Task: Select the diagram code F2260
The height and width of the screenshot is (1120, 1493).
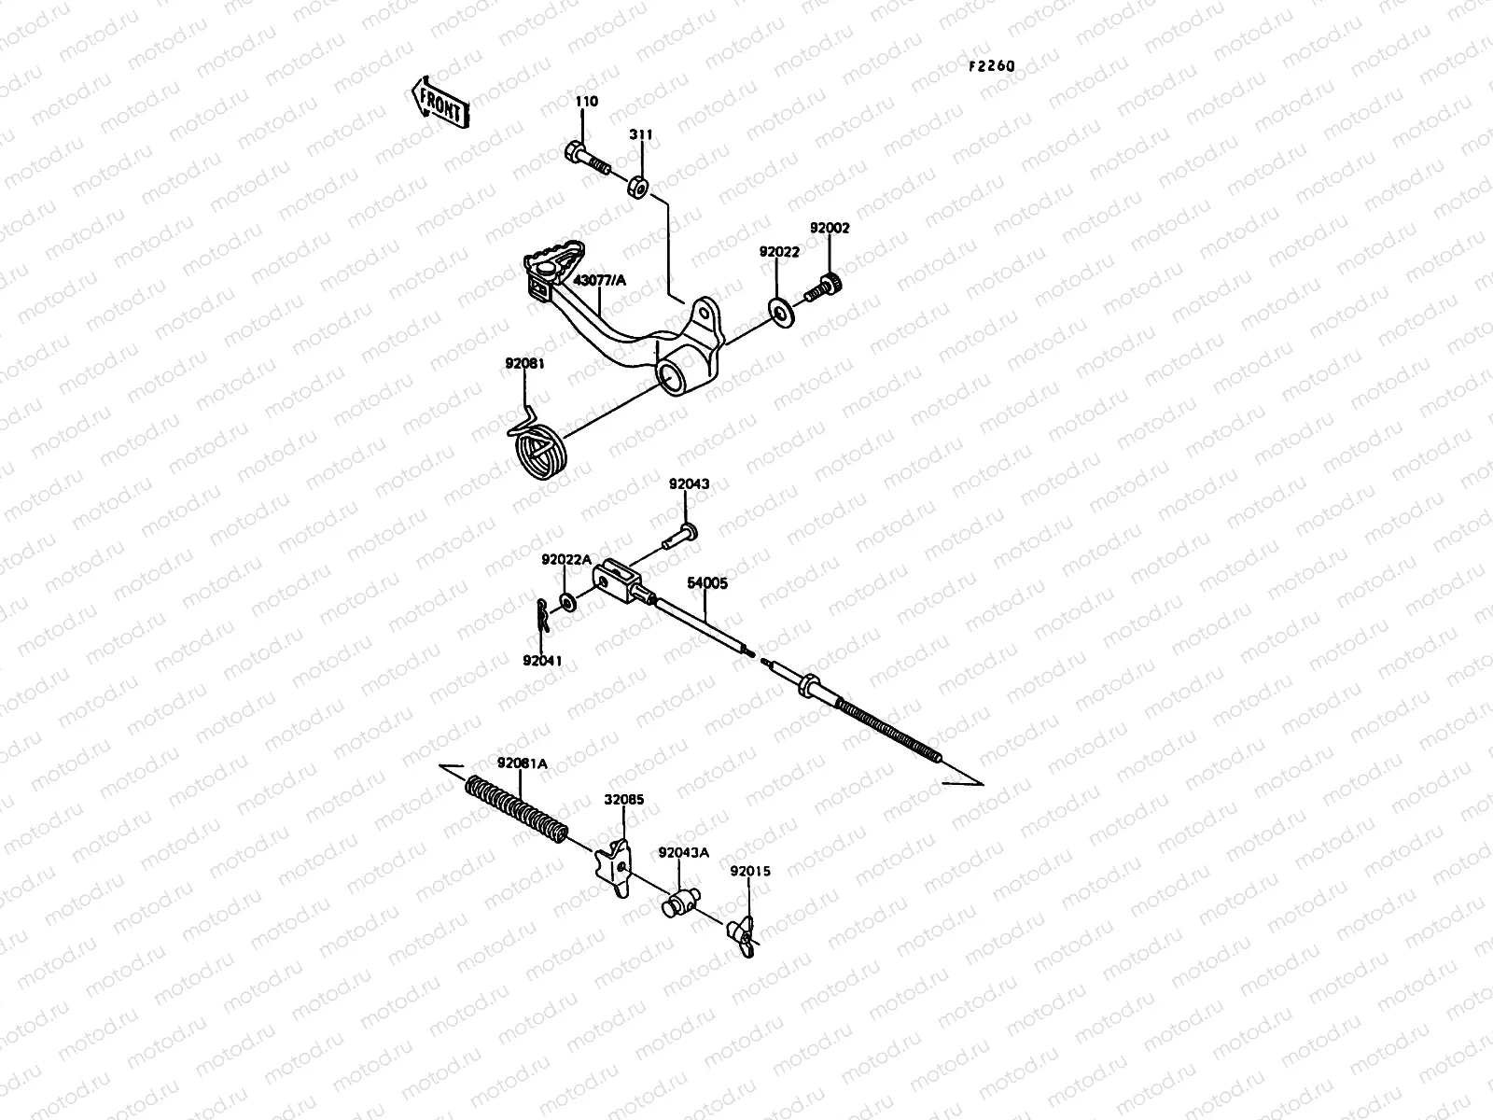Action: click(x=990, y=66)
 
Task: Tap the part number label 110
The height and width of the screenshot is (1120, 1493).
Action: click(x=587, y=102)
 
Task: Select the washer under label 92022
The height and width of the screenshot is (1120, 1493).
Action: click(x=778, y=308)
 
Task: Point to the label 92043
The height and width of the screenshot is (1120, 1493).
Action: click(x=689, y=484)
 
